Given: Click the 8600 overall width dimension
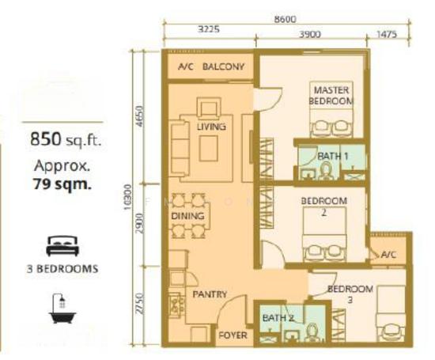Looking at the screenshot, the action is coord(286,20).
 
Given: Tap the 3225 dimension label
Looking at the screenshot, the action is coord(209,28).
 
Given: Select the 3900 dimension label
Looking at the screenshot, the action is coord(310,35).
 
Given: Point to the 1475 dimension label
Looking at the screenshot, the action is coord(387,35).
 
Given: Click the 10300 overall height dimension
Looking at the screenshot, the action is coord(127,197).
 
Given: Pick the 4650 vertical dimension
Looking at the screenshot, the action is coord(140,116).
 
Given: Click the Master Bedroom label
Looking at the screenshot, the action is coord(331,96).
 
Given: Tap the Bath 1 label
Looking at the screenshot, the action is coord(332,157).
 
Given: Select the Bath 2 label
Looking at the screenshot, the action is coord(278,318).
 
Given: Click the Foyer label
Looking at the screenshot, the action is coord(233,335).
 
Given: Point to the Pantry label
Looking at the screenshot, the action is coord(210,294).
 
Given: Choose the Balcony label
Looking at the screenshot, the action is coord(223,66).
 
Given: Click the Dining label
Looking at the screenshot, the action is coord(187,216).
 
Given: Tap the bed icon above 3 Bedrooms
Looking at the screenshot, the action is coord(62,246).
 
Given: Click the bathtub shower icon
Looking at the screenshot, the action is coord(62,308).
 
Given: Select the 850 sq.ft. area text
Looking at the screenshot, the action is coord(66,139).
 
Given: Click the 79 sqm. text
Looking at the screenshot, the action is coord(62,184).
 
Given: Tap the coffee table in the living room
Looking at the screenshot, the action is coord(208,149).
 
